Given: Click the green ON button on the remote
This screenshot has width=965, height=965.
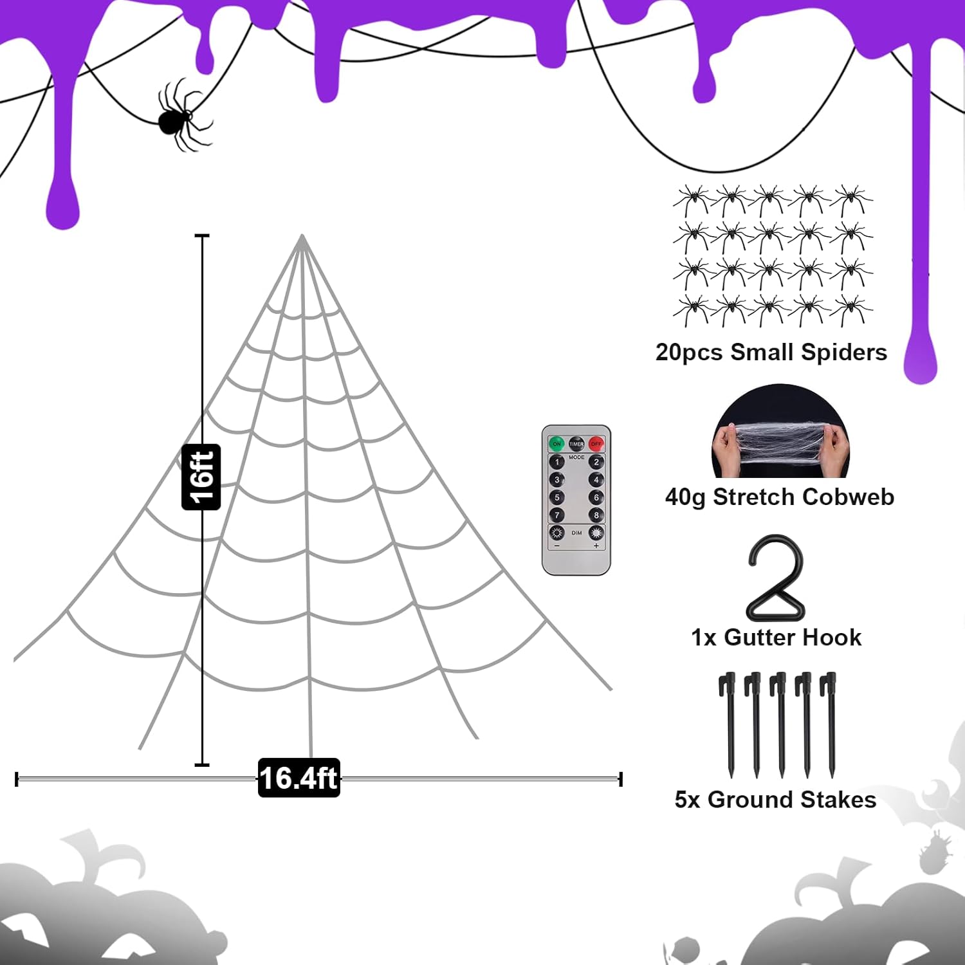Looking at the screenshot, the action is pos(556,444).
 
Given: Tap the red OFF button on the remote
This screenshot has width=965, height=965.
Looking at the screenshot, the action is pos(596,444).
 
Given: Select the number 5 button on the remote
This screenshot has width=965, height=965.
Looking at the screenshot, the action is pos(557,497).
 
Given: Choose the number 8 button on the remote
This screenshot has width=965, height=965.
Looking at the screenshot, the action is pos(596,515).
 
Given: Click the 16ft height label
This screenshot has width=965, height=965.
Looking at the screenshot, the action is pos(201,477).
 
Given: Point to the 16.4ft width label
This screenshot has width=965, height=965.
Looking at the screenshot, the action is pos(299,778).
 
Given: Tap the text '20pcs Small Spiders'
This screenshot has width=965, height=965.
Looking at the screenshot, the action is pos(771,353).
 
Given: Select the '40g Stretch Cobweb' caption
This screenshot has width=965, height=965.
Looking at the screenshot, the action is pos(780,497).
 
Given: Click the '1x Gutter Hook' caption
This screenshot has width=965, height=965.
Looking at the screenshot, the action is pos(777,638).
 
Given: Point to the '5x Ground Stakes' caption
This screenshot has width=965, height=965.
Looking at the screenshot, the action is pos(776,800).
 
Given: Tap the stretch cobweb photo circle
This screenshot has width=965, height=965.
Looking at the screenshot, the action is pos(780,431).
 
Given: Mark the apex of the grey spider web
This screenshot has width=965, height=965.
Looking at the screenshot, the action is pos(302,235).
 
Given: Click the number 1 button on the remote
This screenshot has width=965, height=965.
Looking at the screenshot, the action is pos(557,462).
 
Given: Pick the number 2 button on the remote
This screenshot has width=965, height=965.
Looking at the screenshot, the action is pos(596,462).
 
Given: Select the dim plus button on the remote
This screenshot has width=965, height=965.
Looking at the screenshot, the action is pos(596,533).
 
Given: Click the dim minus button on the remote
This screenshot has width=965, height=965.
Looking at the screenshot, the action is pos(557,533).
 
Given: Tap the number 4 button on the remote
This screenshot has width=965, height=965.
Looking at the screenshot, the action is pos(596,480).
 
